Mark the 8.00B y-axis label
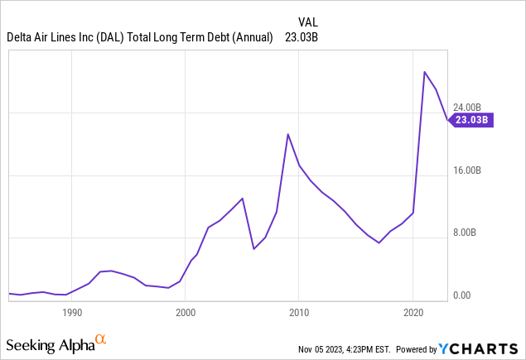point(467,233)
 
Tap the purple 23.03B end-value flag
point(472,120)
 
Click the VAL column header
point(308,22)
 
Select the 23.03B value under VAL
point(302,36)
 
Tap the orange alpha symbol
point(100,340)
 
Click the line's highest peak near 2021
point(425,72)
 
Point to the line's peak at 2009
point(287,134)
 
